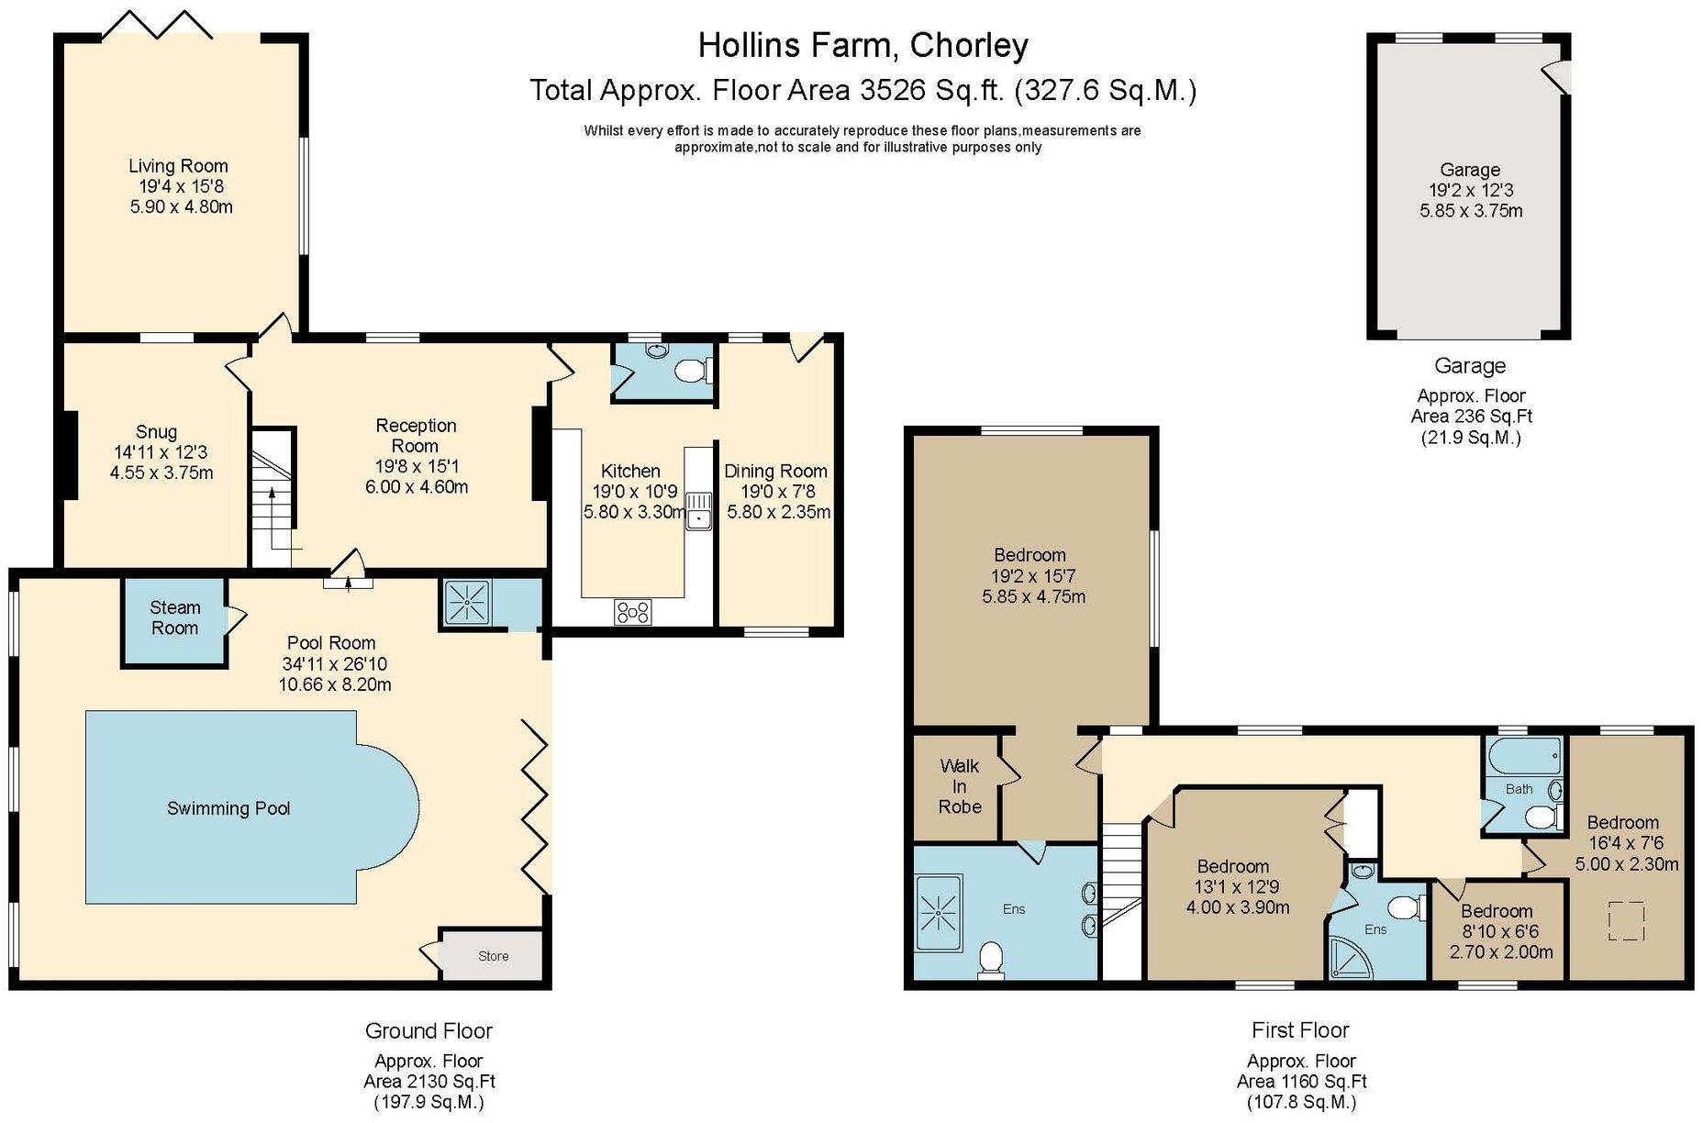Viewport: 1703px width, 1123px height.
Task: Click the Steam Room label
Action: click(174, 617)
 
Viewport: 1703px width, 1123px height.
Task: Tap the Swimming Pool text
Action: click(228, 808)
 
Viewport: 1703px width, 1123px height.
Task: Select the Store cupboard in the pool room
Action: click(492, 956)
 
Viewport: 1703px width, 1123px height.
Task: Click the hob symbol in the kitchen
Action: click(632, 611)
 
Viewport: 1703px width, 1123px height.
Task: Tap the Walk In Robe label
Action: click(960, 786)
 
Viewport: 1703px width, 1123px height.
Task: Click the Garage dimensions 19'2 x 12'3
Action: click(1471, 190)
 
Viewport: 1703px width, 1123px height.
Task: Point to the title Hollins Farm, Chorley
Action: click(863, 45)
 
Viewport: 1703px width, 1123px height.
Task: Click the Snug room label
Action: click(157, 432)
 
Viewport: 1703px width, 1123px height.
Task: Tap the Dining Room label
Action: click(775, 471)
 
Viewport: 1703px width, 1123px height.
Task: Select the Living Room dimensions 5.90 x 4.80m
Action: click(182, 206)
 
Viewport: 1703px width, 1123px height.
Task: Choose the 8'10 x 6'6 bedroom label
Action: click(1497, 931)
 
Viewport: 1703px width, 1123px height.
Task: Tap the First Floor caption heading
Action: click(1299, 1029)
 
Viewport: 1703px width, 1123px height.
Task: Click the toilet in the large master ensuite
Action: click(990, 960)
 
